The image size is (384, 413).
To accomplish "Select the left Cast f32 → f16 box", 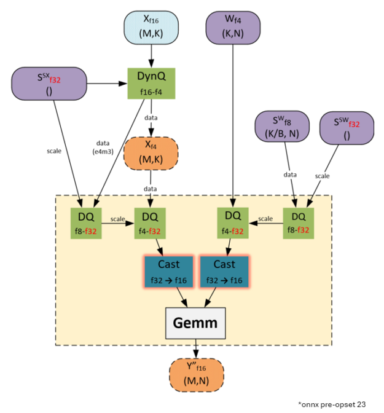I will [x=169, y=271].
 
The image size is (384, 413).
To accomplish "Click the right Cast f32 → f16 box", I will [x=224, y=271].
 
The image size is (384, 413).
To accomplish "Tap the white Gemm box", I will [x=196, y=322].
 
